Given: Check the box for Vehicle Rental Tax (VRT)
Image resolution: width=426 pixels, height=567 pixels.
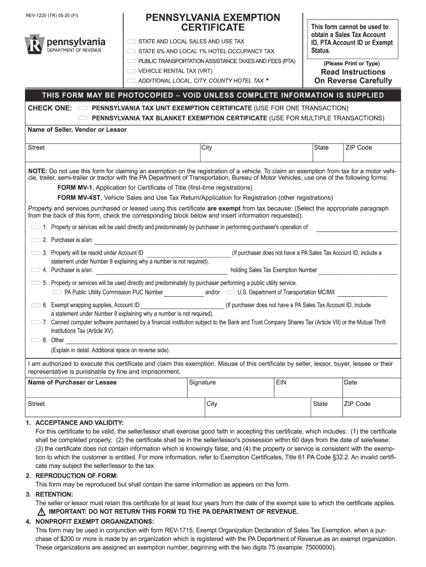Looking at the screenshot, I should (x=131, y=71).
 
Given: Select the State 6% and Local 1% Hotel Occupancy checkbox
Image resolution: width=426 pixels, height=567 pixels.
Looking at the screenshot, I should (x=131, y=51).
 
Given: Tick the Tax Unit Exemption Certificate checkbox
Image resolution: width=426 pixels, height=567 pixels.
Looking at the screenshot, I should (x=83, y=107).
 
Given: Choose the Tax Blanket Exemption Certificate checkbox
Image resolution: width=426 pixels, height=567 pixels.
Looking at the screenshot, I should (x=83, y=118).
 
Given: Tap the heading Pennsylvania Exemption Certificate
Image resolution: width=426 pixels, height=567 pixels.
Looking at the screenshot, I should (x=213, y=22).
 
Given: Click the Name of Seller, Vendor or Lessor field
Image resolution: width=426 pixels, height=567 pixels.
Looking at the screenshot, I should (x=213, y=137).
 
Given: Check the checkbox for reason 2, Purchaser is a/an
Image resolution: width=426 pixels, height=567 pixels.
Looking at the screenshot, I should (x=35, y=240).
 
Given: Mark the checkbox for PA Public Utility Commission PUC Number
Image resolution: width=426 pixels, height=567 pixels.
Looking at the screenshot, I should (x=56, y=292).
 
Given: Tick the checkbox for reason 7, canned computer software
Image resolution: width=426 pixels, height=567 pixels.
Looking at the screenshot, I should (x=35, y=322).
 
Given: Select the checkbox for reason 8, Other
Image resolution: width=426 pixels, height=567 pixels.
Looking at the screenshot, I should (x=35, y=340).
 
